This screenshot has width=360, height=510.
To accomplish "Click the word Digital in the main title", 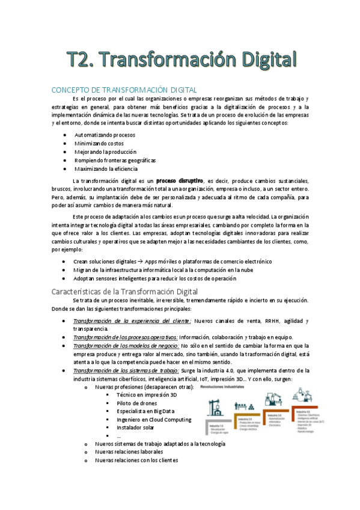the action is [260, 60].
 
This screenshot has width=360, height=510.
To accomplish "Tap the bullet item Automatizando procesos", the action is [105, 135].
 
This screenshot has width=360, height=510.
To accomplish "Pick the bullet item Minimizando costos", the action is [100, 144].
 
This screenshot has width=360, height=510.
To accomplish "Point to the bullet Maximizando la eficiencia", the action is [106, 169].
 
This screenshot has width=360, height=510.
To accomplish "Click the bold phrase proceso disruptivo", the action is [178, 180].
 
